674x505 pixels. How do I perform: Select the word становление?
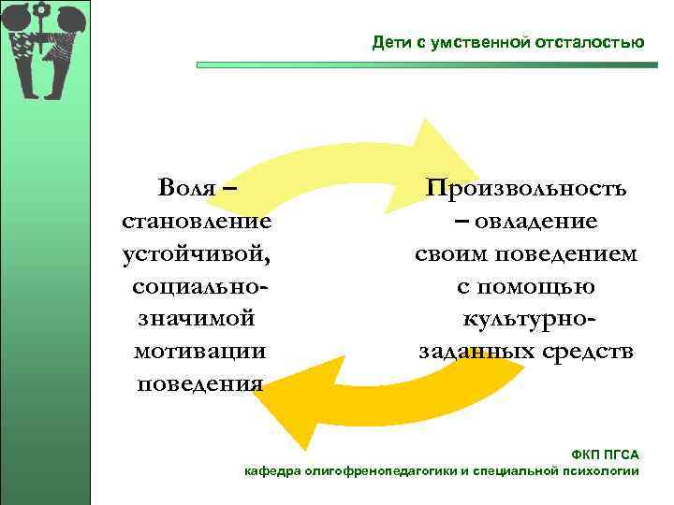click(x=198, y=221)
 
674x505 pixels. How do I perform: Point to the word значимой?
click(x=197, y=318)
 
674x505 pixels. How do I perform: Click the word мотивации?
click(x=198, y=351)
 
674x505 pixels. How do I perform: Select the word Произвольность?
click(x=527, y=188)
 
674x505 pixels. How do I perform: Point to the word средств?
click(x=589, y=352)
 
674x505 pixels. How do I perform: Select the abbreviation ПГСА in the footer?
click(x=623, y=454)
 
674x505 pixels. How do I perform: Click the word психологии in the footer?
click(x=606, y=470)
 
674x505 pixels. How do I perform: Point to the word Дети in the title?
click(x=387, y=42)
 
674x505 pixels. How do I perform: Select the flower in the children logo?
click(x=40, y=13)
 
